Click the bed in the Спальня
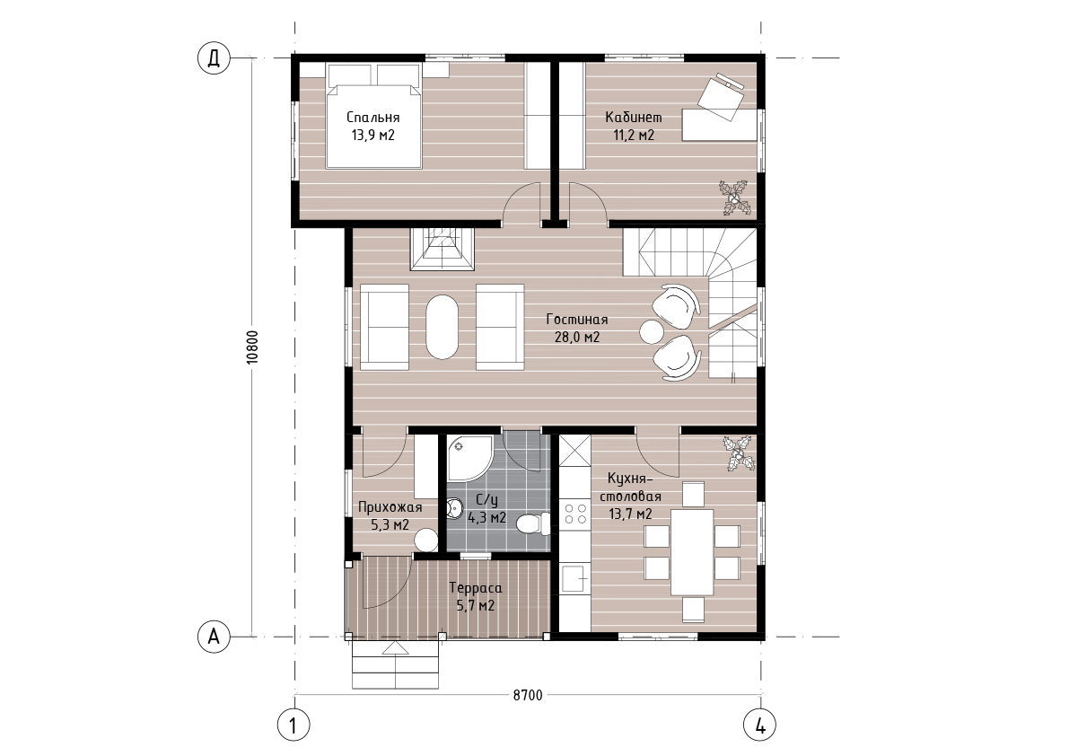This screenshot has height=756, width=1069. pyautogui.click(x=372, y=116)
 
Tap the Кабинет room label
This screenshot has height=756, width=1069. pyautogui.click(x=634, y=118)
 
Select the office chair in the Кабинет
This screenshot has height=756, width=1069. pyautogui.click(x=723, y=95)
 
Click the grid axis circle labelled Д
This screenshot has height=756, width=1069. pyautogui.click(x=214, y=58)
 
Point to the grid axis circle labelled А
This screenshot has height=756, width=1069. pyautogui.click(x=214, y=637)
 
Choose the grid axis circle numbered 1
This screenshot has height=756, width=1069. pyautogui.click(x=294, y=725)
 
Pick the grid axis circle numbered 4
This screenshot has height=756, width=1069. pyautogui.click(x=760, y=725)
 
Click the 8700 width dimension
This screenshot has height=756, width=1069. pyautogui.click(x=528, y=695)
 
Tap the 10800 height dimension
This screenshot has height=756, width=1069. pyautogui.click(x=253, y=347)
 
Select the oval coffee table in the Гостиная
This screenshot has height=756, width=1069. pyautogui.click(x=442, y=327)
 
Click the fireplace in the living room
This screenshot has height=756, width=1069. pyautogui.click(x=442, y=249)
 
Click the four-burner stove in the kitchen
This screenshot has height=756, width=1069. pyautogui.click(x=574, y=514)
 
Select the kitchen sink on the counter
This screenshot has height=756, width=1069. pyautogui.click(x=574, y=580)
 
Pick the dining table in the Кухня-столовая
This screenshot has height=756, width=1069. pyautogui.click(x=692, y=552)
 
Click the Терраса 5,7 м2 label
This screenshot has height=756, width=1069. pyautogui.click(x=475, y=596)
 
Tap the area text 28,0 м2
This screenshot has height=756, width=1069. pyautogui.click(x=577, y=337)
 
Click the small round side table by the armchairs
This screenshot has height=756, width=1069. pyautogui.click(x=651, y=332)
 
